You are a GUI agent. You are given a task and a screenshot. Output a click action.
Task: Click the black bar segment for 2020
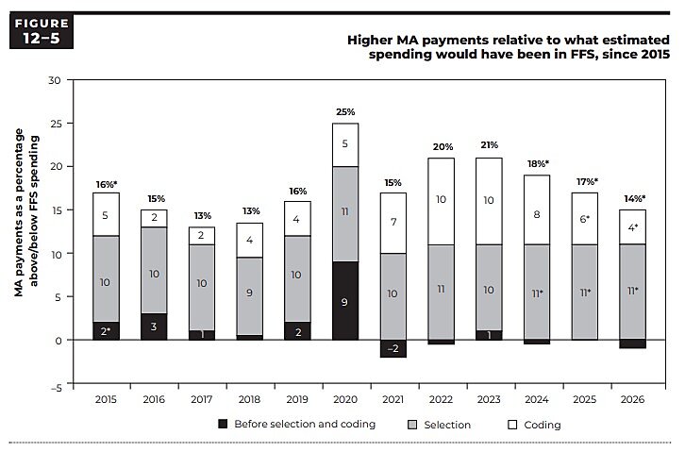[x=345, y=300]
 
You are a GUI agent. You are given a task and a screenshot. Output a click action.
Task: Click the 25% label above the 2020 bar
[x=345, y=112]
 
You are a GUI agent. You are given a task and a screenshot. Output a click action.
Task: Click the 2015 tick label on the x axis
[x=105, y=400]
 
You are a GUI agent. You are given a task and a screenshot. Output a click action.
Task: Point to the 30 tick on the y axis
[x=55, y=80]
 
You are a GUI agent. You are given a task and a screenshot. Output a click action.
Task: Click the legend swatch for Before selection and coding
[x=223, y=424]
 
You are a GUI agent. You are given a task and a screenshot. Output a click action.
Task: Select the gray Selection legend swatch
[x=412, y=424]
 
